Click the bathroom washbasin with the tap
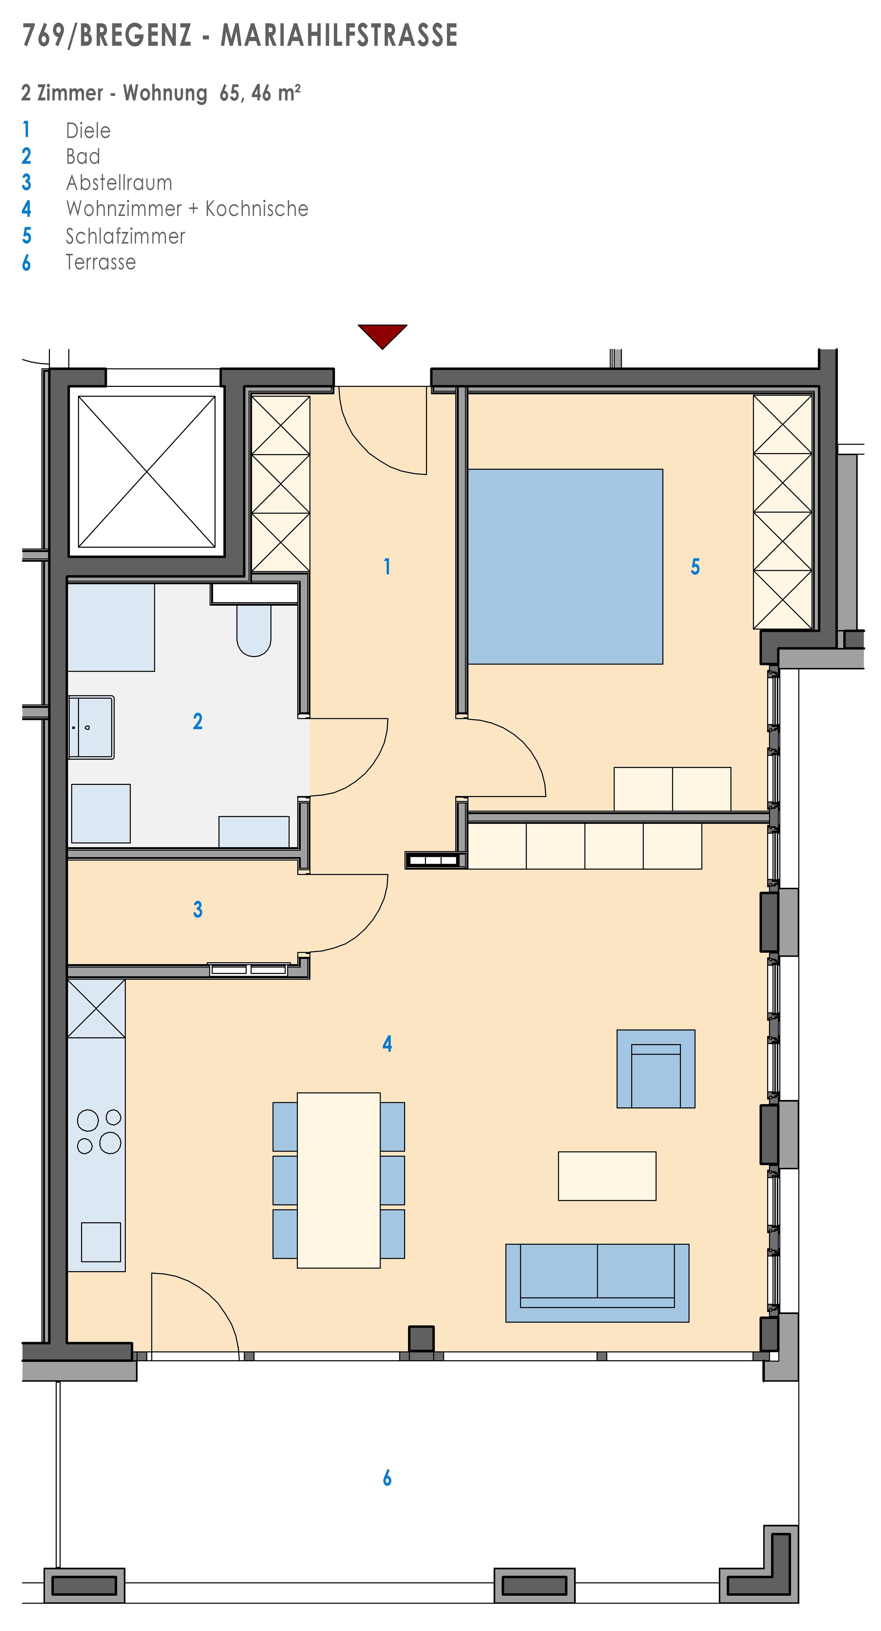91,727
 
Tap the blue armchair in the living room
656,1069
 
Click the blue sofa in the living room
597,1283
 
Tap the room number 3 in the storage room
197,909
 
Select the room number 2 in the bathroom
197,721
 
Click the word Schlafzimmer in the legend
125,236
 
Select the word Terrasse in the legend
101,262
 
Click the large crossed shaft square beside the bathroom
147,472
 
